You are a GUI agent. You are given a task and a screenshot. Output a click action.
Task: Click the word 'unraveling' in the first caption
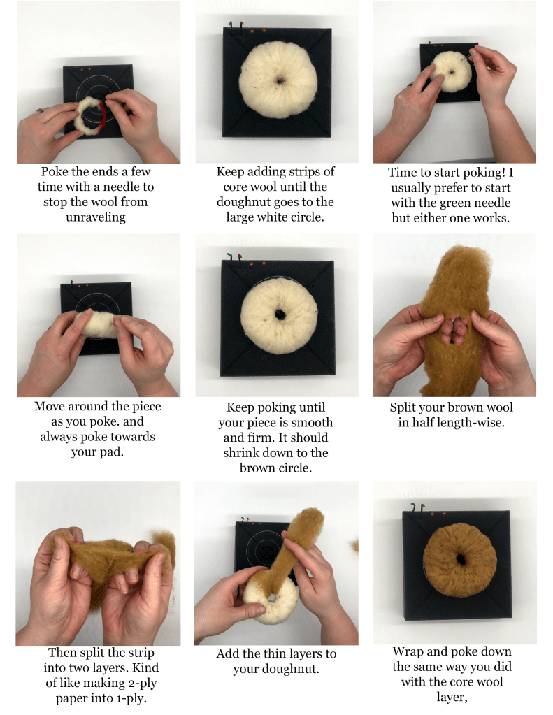pyautogui.click(x=95, y=217)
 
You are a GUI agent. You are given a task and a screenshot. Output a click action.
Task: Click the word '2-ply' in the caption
pyautogui.click(x=141, y=683)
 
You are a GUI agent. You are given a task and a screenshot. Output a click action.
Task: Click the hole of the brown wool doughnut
pyautogui.click(x=461, y=558)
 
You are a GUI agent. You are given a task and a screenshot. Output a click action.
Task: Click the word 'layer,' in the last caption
pyautogui.click(x=452, y=698)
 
